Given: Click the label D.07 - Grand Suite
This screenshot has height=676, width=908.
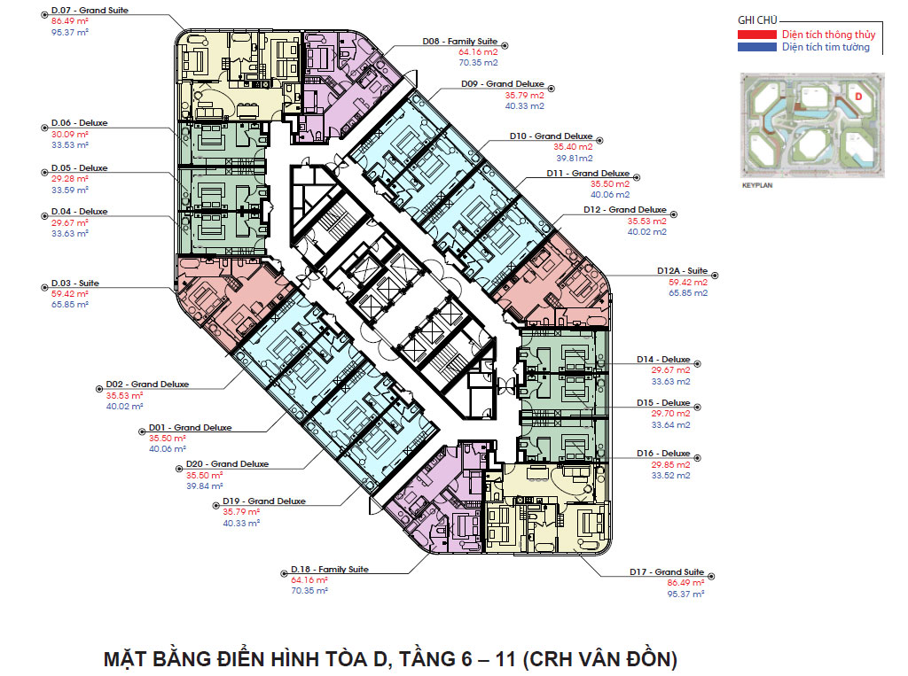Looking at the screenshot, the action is point(90,11).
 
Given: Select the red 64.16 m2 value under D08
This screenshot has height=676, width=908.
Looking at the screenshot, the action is point(478,52).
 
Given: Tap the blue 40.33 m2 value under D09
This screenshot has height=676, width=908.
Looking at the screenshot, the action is point(525,106).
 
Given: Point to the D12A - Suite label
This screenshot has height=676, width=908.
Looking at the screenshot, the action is point(682,271).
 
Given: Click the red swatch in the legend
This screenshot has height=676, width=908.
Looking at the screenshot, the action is point(757,35).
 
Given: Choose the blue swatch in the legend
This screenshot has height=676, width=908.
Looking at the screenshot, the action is point(757,48).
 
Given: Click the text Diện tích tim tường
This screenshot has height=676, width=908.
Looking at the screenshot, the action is point(826,47).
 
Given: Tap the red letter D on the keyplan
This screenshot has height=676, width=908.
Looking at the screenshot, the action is point(858,97).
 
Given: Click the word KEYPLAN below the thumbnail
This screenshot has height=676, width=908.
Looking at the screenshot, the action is point(757,186).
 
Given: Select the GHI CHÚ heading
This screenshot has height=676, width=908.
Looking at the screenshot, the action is point(757,20).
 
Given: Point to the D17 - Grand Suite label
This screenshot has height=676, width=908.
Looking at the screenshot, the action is point(667,571).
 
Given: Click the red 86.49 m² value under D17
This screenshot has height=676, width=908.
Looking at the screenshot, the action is point(685,583).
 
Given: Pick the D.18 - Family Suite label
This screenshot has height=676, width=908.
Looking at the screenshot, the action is point(330,570).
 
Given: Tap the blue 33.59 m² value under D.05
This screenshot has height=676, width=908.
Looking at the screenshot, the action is point(70,190).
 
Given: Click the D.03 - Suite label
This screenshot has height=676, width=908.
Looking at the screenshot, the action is point(74,283).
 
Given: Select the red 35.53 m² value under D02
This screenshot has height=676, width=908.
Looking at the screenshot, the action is point(124,396).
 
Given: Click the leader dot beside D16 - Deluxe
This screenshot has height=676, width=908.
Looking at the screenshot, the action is point(697,458).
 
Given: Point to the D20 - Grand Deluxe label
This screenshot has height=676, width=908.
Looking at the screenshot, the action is point(227,464).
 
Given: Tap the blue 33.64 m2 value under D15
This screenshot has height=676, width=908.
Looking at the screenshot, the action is point(670,424).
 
